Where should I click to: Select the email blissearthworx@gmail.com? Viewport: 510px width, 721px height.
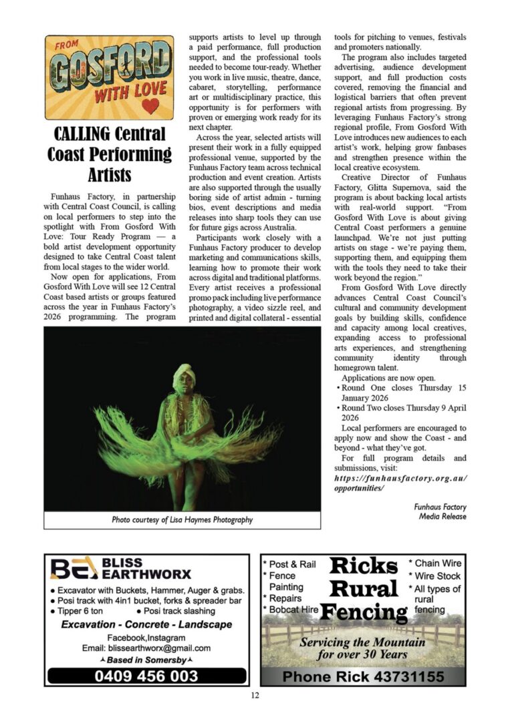point(146,648)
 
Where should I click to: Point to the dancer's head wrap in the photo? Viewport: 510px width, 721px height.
point(182,376)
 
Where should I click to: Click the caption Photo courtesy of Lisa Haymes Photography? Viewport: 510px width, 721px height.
point(182,519)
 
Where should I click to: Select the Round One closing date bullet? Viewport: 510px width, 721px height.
point(402,393)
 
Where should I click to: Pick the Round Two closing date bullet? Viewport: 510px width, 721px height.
point(402,413)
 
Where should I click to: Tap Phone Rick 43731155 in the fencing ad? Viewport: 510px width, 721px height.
point(363,676)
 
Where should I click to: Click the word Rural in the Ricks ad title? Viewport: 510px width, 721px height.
point(363,589)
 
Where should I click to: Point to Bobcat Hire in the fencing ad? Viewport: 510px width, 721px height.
point(292,610)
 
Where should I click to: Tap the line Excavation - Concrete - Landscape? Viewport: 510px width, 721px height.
point(146,624)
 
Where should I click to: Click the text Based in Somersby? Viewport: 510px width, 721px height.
point(146,660)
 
